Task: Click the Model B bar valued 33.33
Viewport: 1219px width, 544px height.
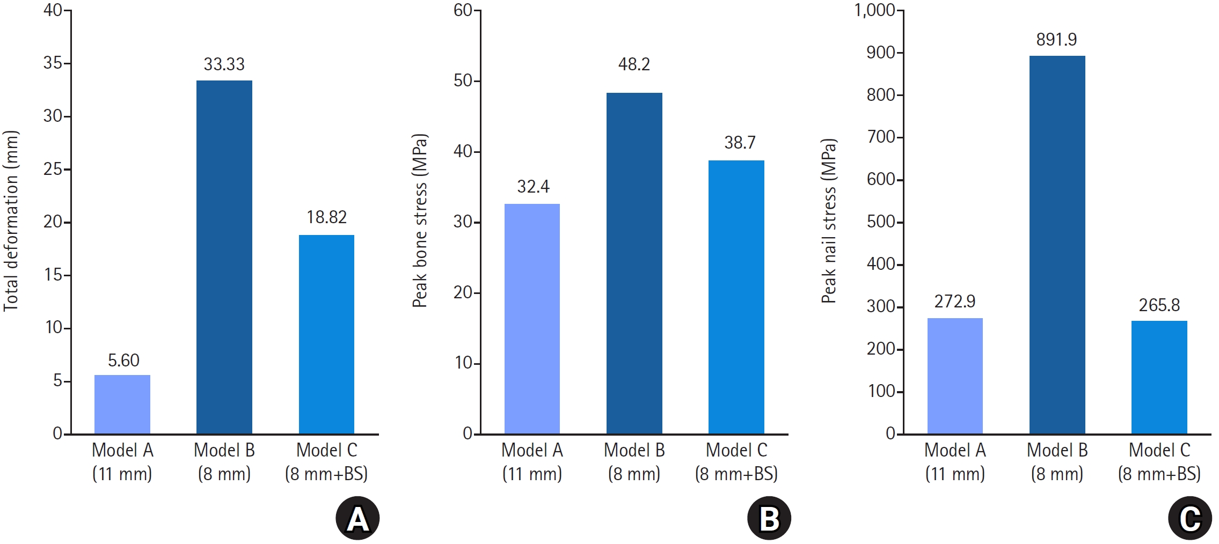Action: click(x=224, y=257)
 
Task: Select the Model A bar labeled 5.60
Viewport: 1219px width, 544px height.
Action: click(x=122, y=405)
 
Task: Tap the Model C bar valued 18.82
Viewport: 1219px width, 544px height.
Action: click(x=326, y=334)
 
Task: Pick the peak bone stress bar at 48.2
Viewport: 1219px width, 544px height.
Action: click(x=634, y=263)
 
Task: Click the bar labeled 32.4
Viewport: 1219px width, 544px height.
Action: click(x=532, y=319)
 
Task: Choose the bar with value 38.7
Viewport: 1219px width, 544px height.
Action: click(x=736, y=297)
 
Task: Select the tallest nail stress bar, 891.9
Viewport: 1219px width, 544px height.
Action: click(x=1057, y=245)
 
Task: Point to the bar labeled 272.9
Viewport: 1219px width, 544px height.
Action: click(x=955, y=376)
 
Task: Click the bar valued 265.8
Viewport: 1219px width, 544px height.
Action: click(x=1159, y=377)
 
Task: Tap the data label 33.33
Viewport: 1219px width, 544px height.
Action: click(x=224, y=64)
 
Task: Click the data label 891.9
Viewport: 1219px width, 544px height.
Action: click(x=1056, y=40)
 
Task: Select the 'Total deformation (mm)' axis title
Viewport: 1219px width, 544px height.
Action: click(x=11, y=220)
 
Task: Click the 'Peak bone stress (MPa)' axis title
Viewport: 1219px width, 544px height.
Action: click(x=420, y=220)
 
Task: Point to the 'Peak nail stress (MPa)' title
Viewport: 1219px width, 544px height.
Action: click(x=829, y=220)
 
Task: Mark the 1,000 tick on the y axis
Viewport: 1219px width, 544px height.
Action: click(x=875, y=10)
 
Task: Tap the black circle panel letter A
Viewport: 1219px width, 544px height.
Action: click(x=357, y=518)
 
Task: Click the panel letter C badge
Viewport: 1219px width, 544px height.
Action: click(x=1190, y=518)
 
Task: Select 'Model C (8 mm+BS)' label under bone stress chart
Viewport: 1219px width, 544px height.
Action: click(x=736, y=462)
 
